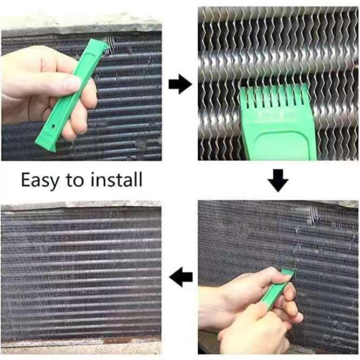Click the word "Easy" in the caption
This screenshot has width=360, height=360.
click(x=40, y=180)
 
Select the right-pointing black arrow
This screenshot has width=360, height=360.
click(x=180, y=84)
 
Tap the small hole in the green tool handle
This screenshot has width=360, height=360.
click(x=54, y=126)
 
